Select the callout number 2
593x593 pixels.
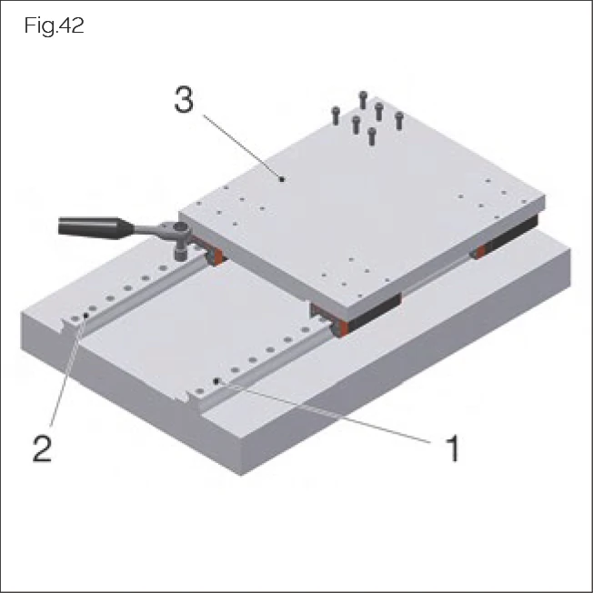click(x=42, y=448)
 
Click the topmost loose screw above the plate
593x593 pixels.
click(x=363, y=98)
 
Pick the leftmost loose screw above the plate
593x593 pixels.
click(x=337, y=114)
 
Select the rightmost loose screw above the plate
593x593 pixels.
click(x=398, y=119)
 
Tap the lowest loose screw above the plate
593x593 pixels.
click(x=371, y=137)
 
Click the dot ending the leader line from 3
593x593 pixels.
click(x=283, y=180)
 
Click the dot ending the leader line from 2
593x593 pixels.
click(x=85, y=316)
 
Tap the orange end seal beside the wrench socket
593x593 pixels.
click(x=214, y=261)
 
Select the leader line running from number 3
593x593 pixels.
click(x=242, y=146)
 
